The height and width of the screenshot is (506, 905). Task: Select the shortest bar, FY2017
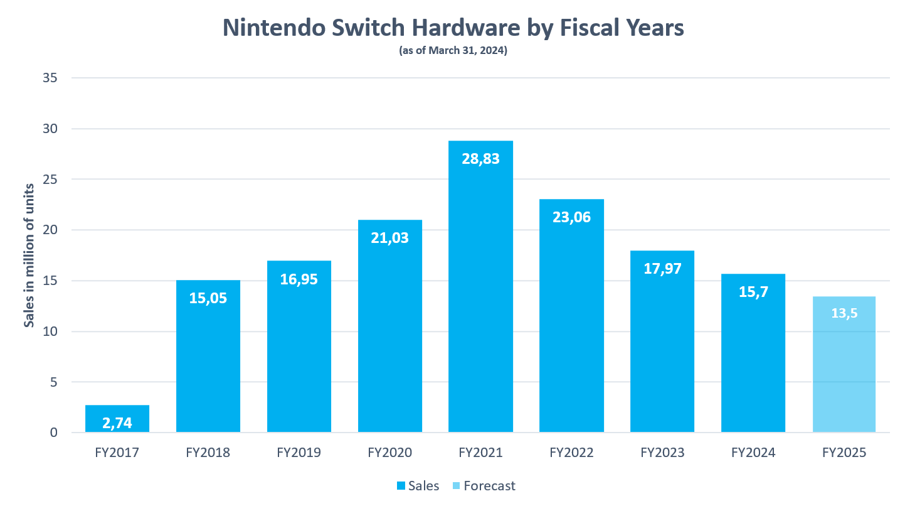tap(117, 419)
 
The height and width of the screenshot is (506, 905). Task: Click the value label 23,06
tap(571, 218)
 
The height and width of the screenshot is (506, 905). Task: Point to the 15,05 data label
tap(208, 298)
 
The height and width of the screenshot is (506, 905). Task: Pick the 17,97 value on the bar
tap(662, 269)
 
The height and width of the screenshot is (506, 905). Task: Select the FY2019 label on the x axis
tap(299, 453)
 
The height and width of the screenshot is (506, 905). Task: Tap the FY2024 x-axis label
tap(753, 453)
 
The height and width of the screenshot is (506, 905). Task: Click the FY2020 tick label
tap(389, 453)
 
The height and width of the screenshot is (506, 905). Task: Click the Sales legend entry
tap(418, 486)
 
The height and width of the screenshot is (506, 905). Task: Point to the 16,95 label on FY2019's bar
tap(299, 279)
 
